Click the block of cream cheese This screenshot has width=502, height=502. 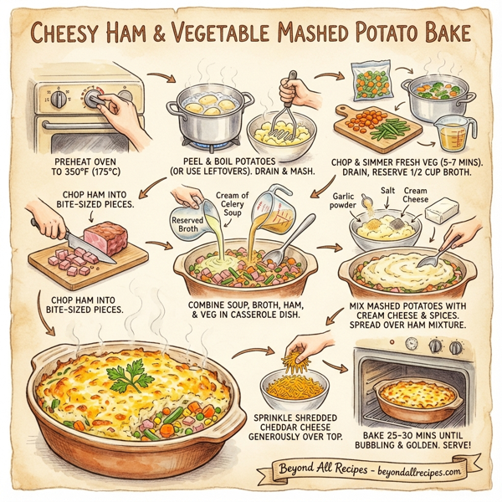442,213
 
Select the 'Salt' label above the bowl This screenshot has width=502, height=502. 387,192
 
